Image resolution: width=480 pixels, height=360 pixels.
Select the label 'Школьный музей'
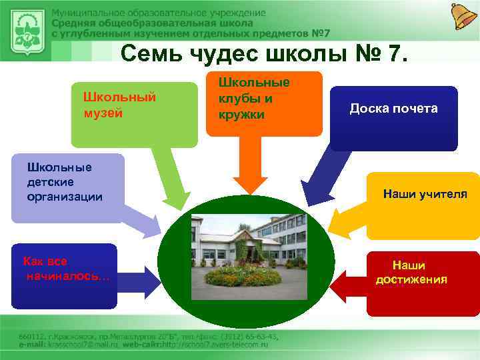tap(119, 105)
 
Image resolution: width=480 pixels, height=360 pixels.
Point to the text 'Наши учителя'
tap(425, 194)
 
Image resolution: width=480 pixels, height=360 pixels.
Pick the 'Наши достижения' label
tap(411, 272)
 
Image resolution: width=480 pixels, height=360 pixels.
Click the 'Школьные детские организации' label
tap(65, 181)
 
